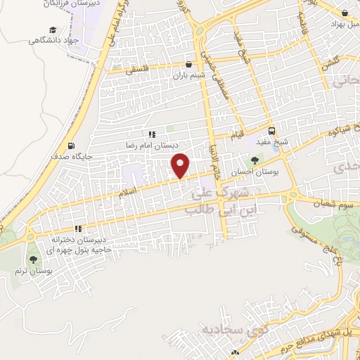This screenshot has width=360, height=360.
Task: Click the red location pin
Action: click(181, 165)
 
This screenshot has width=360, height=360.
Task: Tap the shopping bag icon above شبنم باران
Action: click(188, 64)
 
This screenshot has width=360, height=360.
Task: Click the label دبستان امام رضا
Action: click(152, 145)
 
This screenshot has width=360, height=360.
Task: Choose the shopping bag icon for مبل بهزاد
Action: click(344, 13)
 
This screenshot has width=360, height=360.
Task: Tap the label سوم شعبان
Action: click(334, 203)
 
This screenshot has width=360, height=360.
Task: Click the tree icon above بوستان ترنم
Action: click(32, 259)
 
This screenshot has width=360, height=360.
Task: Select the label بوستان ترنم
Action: click(32, 271)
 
